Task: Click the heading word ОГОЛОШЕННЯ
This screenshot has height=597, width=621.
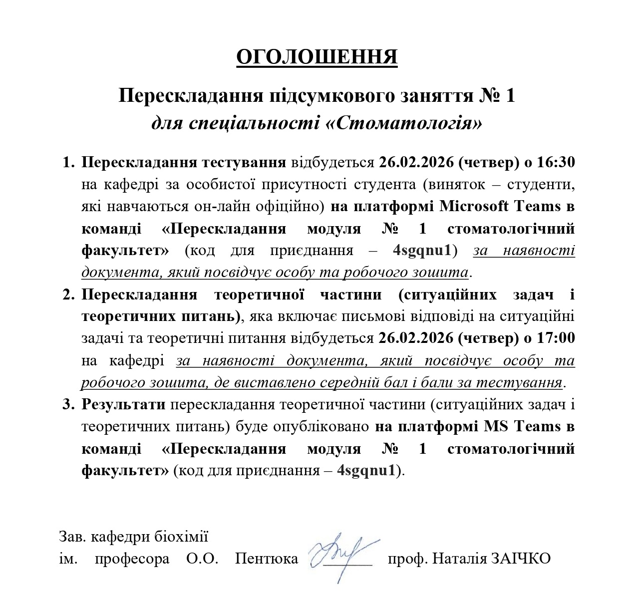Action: [x=316, y=57]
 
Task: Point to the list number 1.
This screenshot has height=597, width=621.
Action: [x=68, y=162]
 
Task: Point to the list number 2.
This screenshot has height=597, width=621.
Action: [x=68, y=294]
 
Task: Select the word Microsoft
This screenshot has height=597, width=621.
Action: [x=474, y=206]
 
